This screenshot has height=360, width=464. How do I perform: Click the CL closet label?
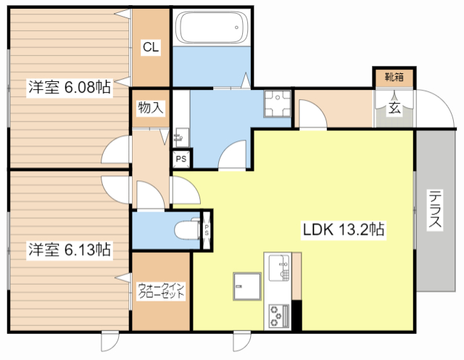(151, 46)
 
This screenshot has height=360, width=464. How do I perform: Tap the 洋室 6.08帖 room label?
(70, 87)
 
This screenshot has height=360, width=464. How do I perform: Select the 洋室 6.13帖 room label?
(70, 250)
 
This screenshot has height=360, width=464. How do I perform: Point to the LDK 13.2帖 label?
(344, 230)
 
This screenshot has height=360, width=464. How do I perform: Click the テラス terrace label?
(435, 209)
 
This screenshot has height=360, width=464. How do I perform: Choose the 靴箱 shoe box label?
(394, 77)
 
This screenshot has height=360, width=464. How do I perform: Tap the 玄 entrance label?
(394, 108)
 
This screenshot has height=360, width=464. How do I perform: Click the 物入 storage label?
(151, 108)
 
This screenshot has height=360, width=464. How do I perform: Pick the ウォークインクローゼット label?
(161, 291)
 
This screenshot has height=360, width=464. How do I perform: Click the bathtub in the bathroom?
(212, 28)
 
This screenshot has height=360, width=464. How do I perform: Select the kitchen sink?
(278, 268)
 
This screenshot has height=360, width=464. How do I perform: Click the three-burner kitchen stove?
(278, 317)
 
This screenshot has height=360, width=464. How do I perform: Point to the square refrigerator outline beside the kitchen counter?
(247, 286)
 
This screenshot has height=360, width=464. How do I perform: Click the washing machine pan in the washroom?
(278, 104)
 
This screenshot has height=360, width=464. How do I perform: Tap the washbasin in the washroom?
(181, 138)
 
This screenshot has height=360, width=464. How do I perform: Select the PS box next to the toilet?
(207, 230)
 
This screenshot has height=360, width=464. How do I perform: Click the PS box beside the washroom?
(181, 159)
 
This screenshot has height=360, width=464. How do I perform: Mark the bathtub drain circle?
(236, 28)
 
